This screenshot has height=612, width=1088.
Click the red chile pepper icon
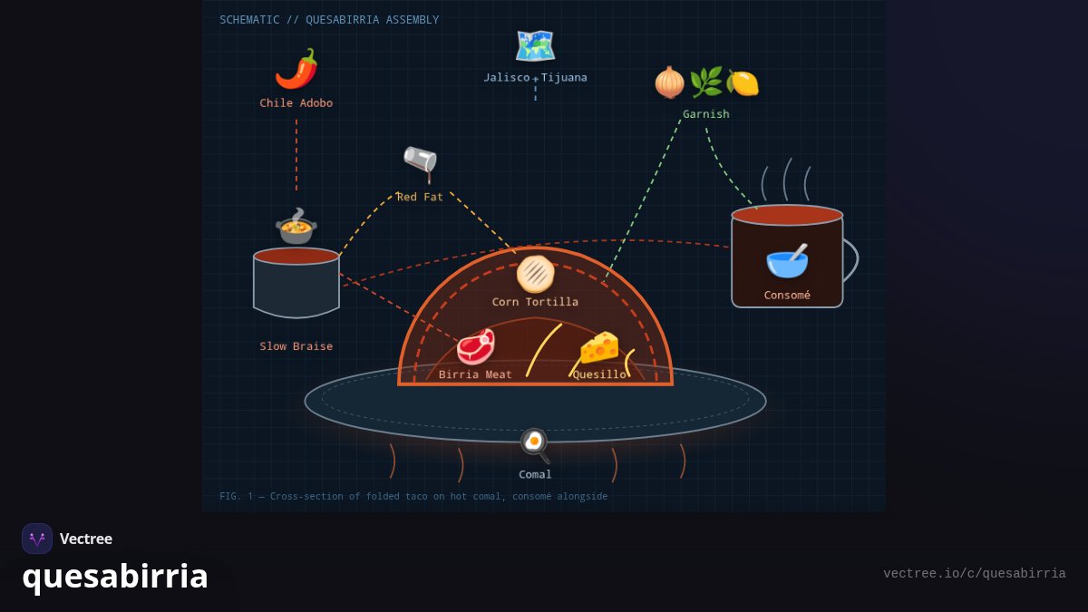coord(296,69)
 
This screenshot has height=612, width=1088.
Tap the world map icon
coord(535,46)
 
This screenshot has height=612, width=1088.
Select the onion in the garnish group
coord(669,83)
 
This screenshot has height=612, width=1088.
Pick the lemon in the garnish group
coord(743,83)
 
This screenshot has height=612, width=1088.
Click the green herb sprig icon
coord(705,83)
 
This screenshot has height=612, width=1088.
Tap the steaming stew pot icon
coord(296,227)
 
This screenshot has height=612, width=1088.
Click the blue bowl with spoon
coord(787,261)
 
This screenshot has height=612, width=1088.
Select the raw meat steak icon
coord(476,345)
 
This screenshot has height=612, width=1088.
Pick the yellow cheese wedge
coord(600,346)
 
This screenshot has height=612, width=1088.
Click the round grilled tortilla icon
coord(535,275)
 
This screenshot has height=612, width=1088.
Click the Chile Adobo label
coord(296,103)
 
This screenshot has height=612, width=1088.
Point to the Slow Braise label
coord(296,346)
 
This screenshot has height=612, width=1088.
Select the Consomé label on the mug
coord(787,295)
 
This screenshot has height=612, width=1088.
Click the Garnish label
coord(706,114)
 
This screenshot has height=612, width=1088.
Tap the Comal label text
coord(535,474)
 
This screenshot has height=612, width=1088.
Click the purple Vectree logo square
coord(37,539)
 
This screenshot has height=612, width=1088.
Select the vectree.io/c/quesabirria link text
coord(975,574)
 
